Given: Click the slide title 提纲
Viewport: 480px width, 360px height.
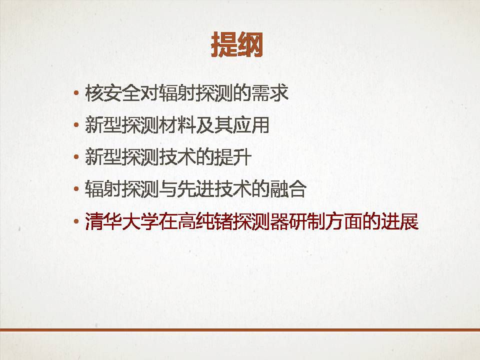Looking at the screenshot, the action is [237, 44].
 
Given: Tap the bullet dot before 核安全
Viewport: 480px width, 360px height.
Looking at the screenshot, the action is [76, 93].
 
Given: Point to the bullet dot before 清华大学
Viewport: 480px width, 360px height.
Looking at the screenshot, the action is [76, 221].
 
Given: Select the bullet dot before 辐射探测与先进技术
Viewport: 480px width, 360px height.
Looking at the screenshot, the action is [76, 189].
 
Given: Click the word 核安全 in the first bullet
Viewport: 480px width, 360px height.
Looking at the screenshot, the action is [112, 93].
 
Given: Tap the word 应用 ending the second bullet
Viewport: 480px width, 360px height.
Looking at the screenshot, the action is [250, 125].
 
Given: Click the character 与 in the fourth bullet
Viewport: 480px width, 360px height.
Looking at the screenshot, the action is [168, 189].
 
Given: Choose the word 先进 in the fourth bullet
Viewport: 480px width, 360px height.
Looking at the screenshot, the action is [195, 189].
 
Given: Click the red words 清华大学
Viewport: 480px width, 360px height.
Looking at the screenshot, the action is [122, 221].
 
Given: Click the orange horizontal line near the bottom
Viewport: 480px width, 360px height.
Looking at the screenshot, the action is [240, 330].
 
